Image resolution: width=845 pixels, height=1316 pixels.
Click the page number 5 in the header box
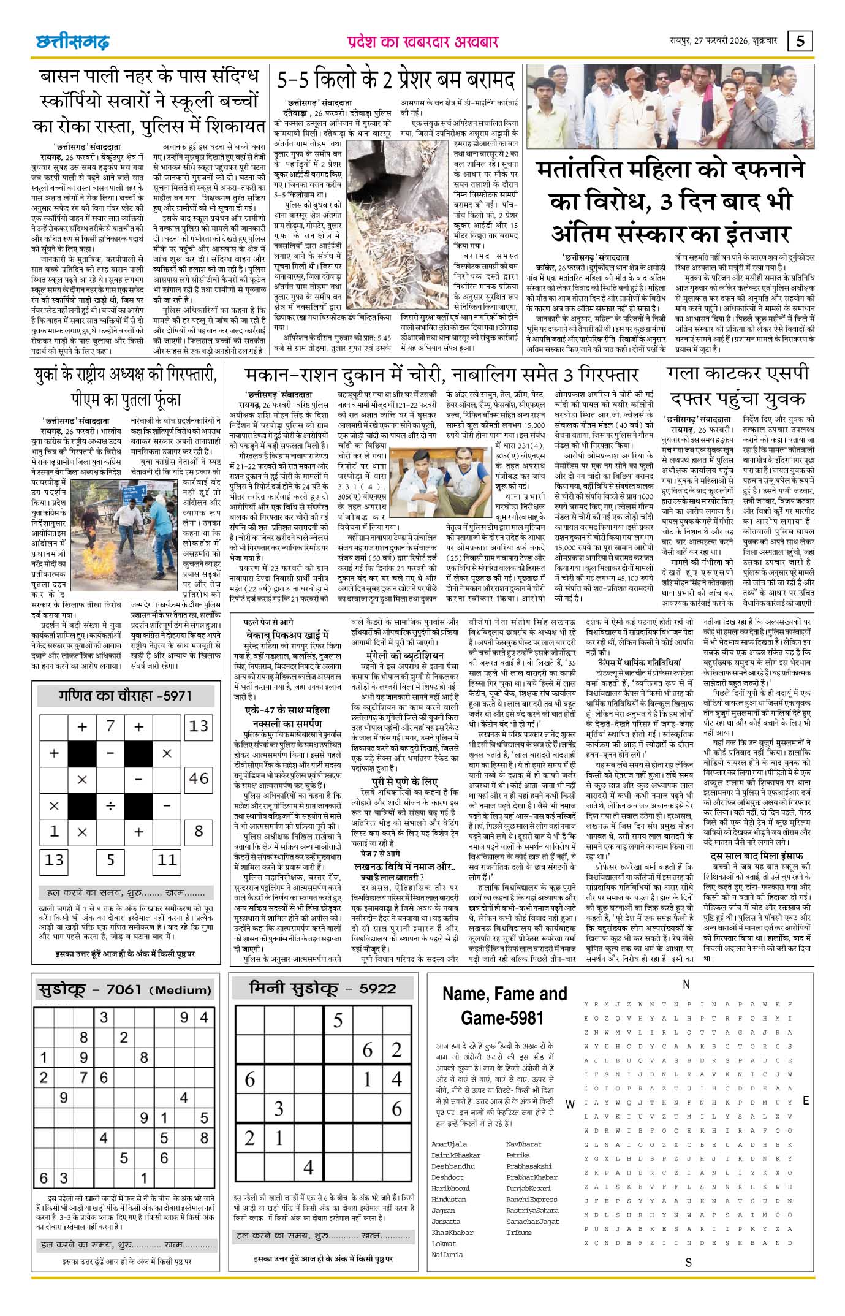pos(801,41)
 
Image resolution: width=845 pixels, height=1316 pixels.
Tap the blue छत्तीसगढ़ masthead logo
pos(72,42)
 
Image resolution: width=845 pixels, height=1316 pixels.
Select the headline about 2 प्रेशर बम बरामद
pos(396,80)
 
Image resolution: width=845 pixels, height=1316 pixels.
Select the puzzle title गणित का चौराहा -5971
pos(125,696)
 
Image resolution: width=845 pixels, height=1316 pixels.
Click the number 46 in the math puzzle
pos(199,778)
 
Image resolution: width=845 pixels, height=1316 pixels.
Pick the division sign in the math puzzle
pos(110,805)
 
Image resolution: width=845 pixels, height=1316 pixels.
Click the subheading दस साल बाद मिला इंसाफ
pos(757,856)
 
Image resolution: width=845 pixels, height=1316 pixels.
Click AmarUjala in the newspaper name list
pos(449,1144)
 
